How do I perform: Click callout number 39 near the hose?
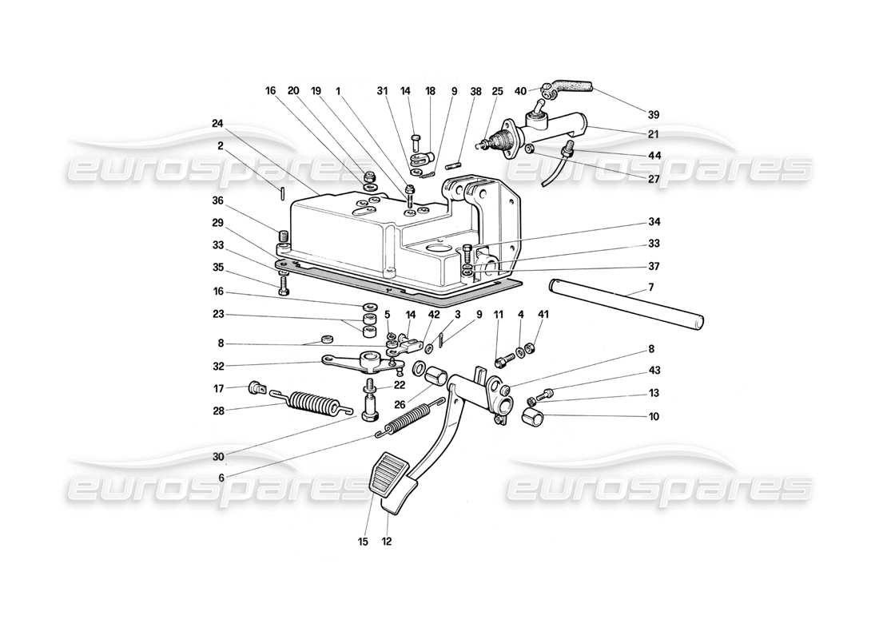(654, 114)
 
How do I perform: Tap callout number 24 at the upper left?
(218, 123)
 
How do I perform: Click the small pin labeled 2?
(284, 192)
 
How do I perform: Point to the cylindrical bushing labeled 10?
(532, 416)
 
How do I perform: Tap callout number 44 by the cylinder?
(654, 155)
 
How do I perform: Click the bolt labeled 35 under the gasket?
(284, 285)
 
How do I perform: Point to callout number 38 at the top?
(455, 92)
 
